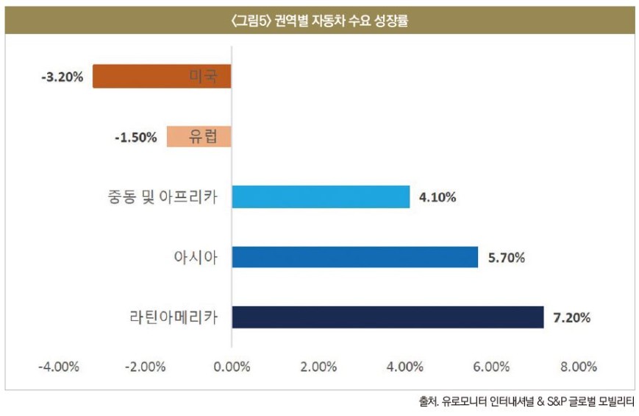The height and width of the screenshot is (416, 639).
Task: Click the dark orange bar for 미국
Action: (162, 76)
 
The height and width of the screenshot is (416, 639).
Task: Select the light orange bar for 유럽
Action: (199, 136)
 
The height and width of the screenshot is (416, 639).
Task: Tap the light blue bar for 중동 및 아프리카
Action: (321, 197)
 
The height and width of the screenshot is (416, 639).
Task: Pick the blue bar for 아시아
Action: (355, 257)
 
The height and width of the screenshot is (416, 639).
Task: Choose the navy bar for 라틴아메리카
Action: (388, 317)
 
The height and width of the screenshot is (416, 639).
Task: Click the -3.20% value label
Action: (63, 77)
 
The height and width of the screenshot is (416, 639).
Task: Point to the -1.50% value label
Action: (136, 137)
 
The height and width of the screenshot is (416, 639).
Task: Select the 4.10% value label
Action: (438, 197)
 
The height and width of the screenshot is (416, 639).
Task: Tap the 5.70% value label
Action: (507, 258)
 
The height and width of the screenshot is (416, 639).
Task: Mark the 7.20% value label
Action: (572, 317)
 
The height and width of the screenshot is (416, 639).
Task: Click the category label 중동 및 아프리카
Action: (163, 197)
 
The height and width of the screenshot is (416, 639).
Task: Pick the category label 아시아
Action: (196, 257)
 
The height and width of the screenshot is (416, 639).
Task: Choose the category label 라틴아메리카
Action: (174, 317)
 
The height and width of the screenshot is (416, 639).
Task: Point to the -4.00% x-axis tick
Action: (59, 367)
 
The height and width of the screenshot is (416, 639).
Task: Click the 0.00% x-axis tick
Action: (232, 367)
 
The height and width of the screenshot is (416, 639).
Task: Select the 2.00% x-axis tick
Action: (318, 367)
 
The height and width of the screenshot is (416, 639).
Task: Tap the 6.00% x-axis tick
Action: (491, 367)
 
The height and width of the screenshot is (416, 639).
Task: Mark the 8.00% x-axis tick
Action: (579, 367)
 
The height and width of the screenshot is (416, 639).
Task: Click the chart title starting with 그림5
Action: (319, 21)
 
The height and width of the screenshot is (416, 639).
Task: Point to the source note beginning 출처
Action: (526, 402)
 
